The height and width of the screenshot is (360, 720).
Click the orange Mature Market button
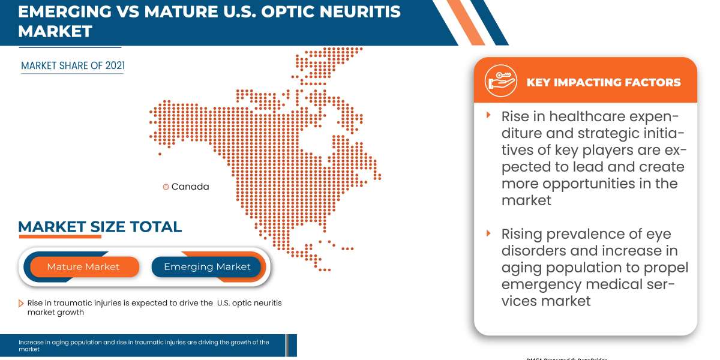click(84, 266)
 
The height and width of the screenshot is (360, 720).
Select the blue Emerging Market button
click(207, 266)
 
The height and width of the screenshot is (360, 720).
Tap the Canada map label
click(190, 187)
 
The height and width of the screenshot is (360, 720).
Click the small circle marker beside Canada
click(166, 187)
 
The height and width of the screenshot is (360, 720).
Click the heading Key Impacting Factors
click(603, 82)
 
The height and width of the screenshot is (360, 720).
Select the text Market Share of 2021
click(73, 66)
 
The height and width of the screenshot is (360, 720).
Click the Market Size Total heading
click(100, 227)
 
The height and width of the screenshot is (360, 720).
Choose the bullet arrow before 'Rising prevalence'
click(489, 233)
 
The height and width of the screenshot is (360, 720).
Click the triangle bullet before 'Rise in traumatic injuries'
click(22, 304)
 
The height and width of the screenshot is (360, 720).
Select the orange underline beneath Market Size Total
click(60, 237)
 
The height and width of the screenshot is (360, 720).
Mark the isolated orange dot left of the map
click(160, 154)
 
